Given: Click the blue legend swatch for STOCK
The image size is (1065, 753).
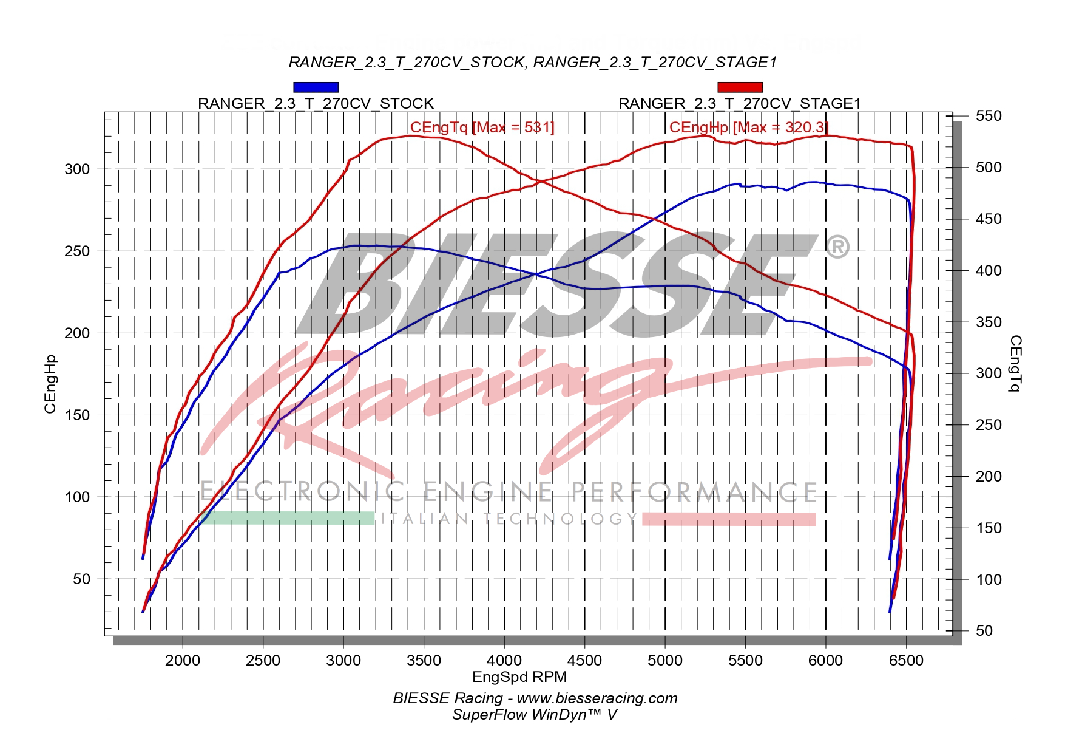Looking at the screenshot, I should pos(316,87).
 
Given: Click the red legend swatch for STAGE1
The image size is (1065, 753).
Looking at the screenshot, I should pos(740,87).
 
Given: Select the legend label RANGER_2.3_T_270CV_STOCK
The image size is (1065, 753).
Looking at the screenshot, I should pos(316,104).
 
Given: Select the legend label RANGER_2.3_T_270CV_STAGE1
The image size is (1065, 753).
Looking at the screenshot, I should pos(739,104).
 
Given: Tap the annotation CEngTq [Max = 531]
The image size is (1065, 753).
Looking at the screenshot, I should pos(482,128).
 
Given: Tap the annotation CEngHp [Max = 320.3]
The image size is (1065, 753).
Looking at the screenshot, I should pos(748,128).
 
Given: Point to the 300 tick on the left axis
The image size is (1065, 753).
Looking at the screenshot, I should pos(76,169).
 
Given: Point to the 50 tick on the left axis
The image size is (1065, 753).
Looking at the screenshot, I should pos(81,579).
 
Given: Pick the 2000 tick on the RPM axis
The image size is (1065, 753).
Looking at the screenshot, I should pos(183,661).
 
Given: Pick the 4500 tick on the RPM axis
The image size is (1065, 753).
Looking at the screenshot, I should pos(584,661).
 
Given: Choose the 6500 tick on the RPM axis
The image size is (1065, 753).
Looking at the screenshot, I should pos(906,661).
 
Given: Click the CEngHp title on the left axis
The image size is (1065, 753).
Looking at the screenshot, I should pos(50,384).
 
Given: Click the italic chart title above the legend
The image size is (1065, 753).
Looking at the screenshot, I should pos(532,63).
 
